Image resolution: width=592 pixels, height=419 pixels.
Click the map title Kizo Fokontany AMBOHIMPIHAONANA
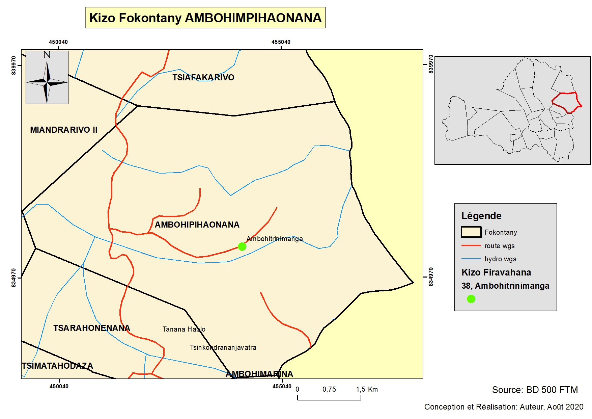(x=205, y=18)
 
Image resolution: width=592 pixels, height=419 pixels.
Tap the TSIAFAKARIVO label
(x=203, y=78)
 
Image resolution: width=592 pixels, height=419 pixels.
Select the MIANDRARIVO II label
(x=63, y=130)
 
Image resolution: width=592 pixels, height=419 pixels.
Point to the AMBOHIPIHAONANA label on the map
(x=197, y=225)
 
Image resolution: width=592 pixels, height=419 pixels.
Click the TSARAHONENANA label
(x=91, y=328)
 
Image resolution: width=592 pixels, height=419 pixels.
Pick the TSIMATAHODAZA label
(x=57, y=366)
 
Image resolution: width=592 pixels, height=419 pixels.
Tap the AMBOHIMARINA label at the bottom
(x=259, y=374)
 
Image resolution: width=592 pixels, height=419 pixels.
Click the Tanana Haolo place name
(x=184, y=329)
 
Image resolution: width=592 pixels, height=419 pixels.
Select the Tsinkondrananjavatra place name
(x=223, y=347)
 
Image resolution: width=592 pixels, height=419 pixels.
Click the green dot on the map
(x=242, y=246)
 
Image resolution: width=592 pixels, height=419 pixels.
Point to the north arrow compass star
(x=47, y=81)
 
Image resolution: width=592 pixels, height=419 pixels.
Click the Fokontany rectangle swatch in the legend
(x=471, y=232)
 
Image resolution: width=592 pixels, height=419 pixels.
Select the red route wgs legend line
(x=471, y=246)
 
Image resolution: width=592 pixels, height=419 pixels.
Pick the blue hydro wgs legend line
(x=471, y=259)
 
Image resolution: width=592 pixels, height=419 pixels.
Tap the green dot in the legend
(x=471, y=299)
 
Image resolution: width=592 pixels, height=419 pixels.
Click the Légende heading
(x=481, y=216)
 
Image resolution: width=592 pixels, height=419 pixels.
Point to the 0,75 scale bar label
(x=329, y=389)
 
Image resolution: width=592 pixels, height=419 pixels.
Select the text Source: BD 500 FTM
(x=535, y=390)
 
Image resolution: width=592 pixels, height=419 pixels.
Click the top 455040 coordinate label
(x=281, y=42)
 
